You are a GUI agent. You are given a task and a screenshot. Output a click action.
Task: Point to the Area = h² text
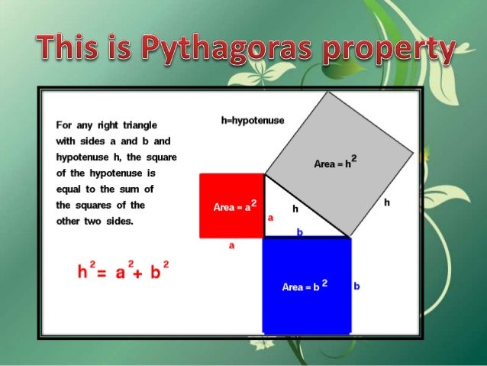pos(336,163)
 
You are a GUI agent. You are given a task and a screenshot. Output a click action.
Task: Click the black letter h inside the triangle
pos(295,208)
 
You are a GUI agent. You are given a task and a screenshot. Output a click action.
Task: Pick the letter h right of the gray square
pos(387,202)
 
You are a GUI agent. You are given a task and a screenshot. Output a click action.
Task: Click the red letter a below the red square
pos(232,246)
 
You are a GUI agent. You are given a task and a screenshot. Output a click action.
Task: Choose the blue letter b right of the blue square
pos(356,287)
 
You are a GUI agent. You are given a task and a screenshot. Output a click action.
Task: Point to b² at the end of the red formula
pos(159,270)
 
